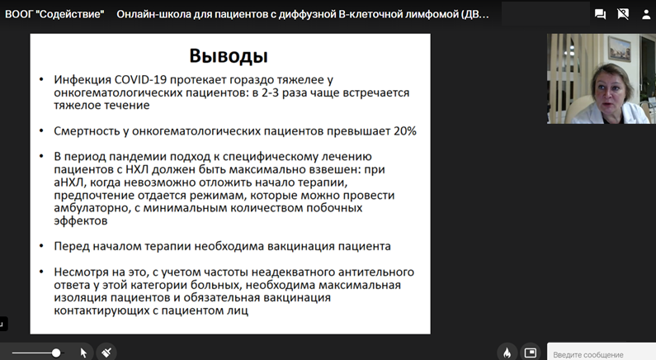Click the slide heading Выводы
click(x=229, y=55)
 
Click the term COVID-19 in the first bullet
click(x=140, y=79)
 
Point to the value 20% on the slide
click(x=405, y=131)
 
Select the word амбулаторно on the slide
click(x=92, y=208)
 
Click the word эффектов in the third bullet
click(x=81, y=220)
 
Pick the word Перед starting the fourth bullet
click(x=72, y=246)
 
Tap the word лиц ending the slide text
click(x=238, y=310)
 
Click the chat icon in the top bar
click(x=601, y=14)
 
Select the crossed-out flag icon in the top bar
click(x=623, y=14)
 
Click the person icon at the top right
click(x=646, y=15)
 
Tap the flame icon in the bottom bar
click(x=507, y=353)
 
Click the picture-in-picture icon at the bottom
click(x=531, y=353)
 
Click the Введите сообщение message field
click(x=602, y=353)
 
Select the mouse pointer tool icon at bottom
click(x=83, y=353)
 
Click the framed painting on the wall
click(x=619, y=48)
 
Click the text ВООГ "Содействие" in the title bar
click(x=54, y=14)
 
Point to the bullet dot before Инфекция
click(x=41, y=79)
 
